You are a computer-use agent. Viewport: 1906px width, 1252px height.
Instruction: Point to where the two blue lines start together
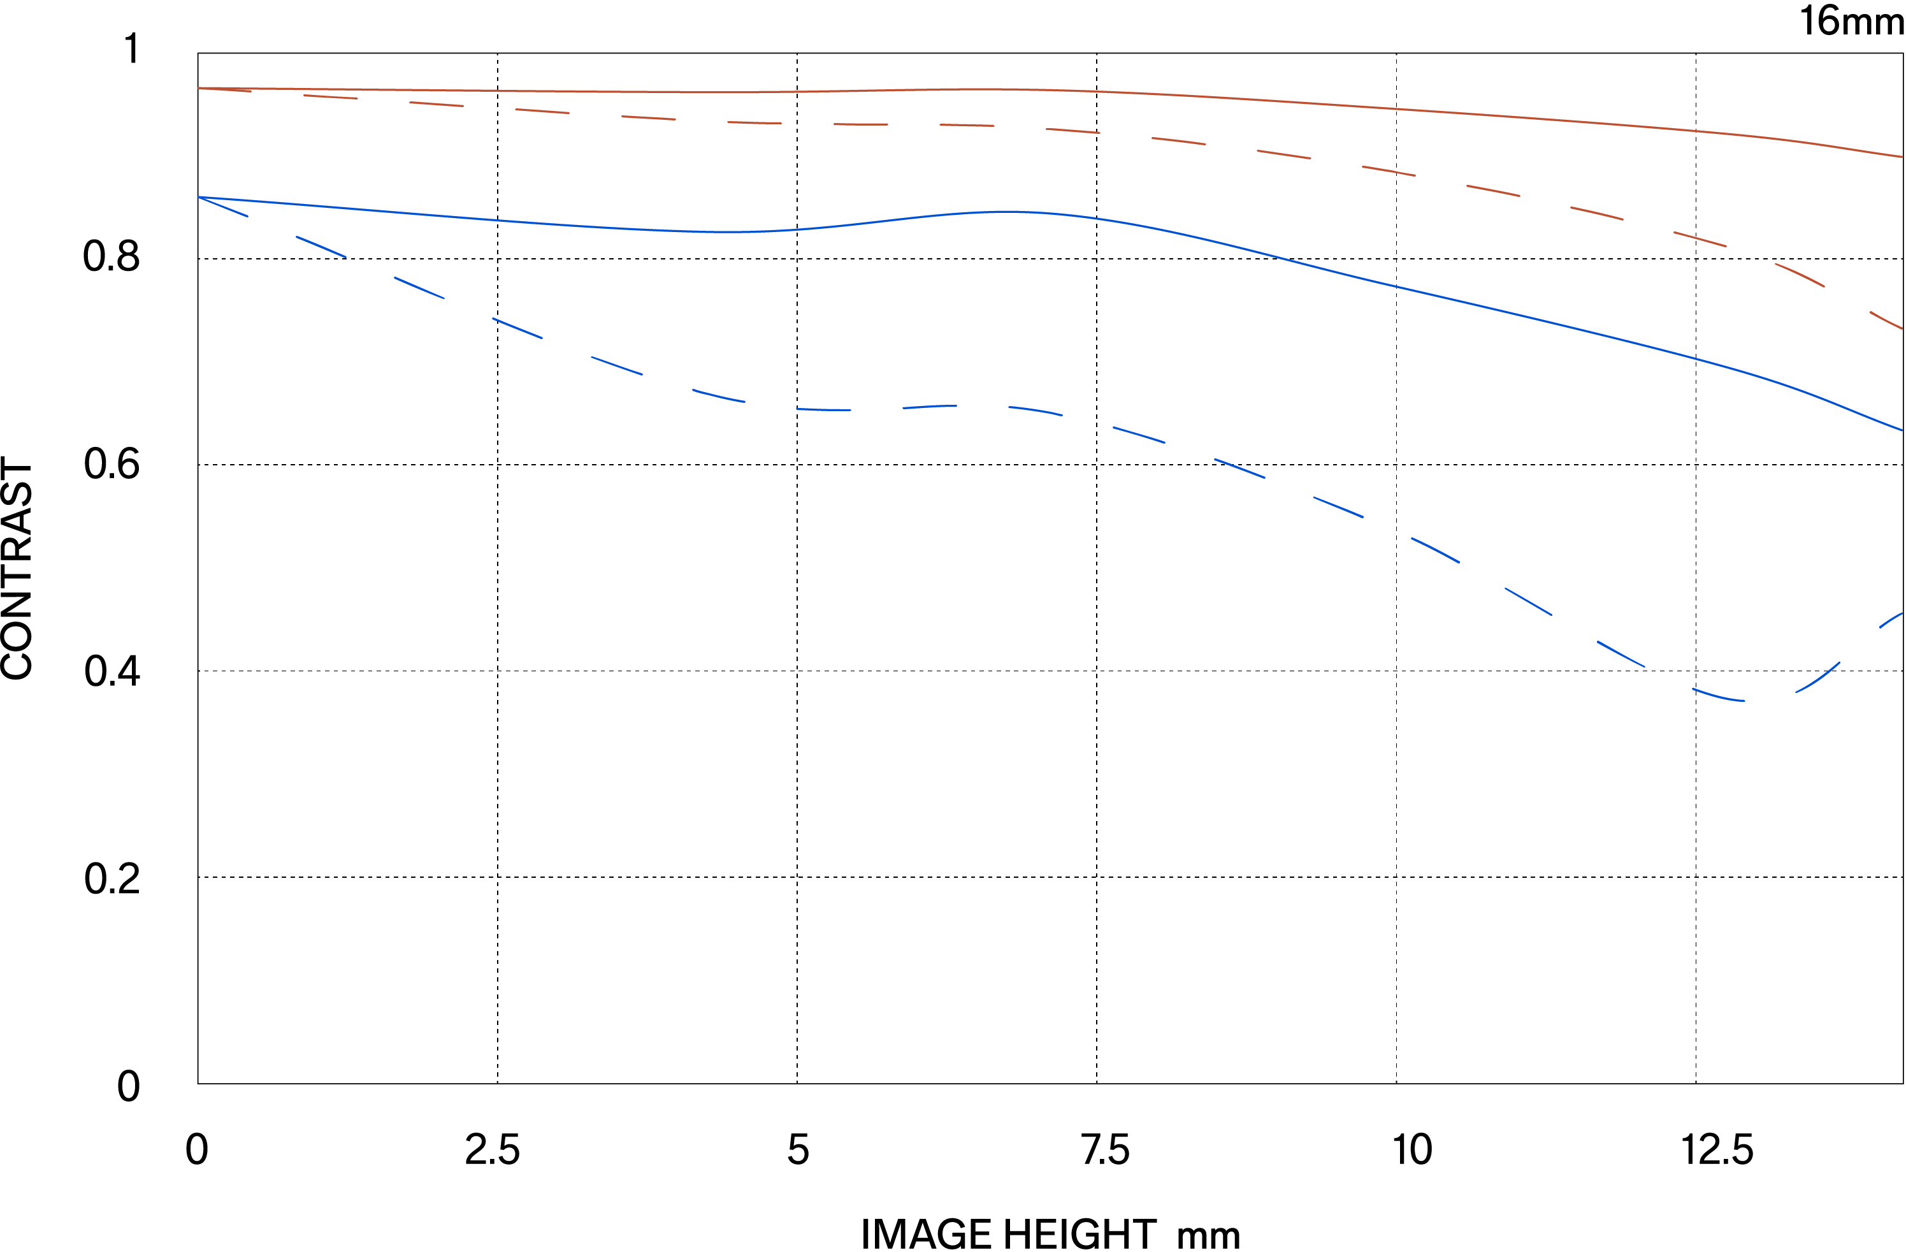coord(199,197)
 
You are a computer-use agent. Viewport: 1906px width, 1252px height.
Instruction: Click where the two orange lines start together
coord(199,88)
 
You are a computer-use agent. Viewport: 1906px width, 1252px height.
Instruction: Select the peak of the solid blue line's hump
coord(1005,212)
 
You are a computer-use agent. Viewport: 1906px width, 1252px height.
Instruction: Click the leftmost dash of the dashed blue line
coord(224,207)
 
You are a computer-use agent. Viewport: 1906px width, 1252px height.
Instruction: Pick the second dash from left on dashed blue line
coord(321,247)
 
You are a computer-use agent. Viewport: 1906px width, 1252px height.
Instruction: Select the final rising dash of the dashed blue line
coord(1890,620)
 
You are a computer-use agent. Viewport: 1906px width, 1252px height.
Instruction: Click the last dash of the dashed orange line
coord(1886,321)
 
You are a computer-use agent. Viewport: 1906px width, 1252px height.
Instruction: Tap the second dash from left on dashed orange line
coord(330,97)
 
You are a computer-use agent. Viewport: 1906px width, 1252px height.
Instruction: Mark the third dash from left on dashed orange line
coord(437,104)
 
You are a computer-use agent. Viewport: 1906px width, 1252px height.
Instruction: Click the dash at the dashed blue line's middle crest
coord(930,407)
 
